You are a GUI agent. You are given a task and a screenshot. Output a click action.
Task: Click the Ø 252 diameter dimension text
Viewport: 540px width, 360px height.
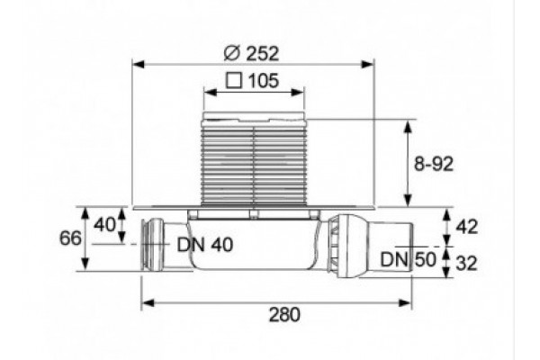click(251, 53)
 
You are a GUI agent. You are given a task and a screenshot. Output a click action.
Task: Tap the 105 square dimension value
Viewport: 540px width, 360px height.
click(263, 81)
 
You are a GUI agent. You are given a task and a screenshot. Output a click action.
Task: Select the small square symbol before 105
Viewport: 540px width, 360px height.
click(234, 81)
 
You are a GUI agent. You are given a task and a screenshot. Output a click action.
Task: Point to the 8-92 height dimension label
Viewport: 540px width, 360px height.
click(434, 164)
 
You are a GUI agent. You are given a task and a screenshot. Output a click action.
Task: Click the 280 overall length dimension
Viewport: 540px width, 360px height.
click(284, 314)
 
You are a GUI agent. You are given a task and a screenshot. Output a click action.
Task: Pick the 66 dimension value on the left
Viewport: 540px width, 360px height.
click(70, 238)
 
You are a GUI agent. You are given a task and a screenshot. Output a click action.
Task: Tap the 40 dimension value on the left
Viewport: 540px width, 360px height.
click(105, 225)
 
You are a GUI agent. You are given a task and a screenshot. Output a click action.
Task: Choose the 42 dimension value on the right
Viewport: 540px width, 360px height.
click(467, 227)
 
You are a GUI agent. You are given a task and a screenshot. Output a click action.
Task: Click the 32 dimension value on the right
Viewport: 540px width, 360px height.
click(467, 264)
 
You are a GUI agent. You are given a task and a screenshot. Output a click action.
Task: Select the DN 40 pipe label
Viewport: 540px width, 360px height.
click(205, 245)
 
